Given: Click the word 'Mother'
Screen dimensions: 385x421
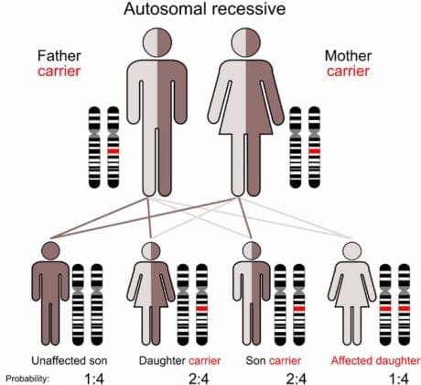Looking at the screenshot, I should (x=352, y=55).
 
